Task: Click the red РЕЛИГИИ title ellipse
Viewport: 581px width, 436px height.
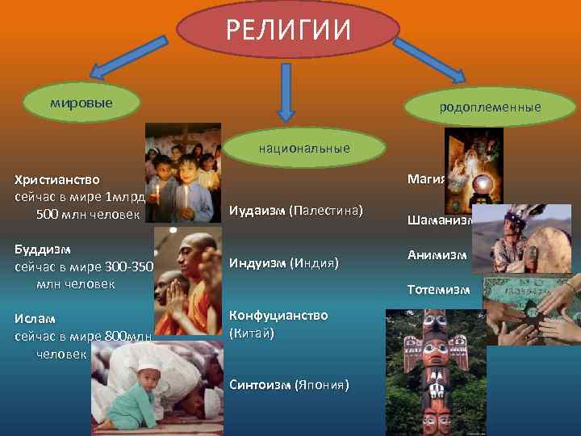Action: [288, 31]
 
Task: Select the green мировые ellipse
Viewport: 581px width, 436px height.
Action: [82, 104]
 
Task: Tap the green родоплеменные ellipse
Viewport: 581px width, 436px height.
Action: [490, 107]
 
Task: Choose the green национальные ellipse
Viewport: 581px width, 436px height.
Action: [304, 148]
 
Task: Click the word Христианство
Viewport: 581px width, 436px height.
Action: [57, 179]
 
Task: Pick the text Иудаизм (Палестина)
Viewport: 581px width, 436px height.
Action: [295, 212]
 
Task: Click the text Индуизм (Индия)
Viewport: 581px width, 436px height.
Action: [283, 262]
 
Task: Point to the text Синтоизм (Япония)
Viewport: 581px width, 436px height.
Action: [289, 384]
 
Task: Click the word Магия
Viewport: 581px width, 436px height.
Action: [427, 178]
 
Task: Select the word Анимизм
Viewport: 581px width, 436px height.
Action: [437, 254]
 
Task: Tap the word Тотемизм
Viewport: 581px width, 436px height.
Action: [438, 289]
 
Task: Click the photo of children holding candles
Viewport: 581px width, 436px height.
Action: [183, 172]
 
